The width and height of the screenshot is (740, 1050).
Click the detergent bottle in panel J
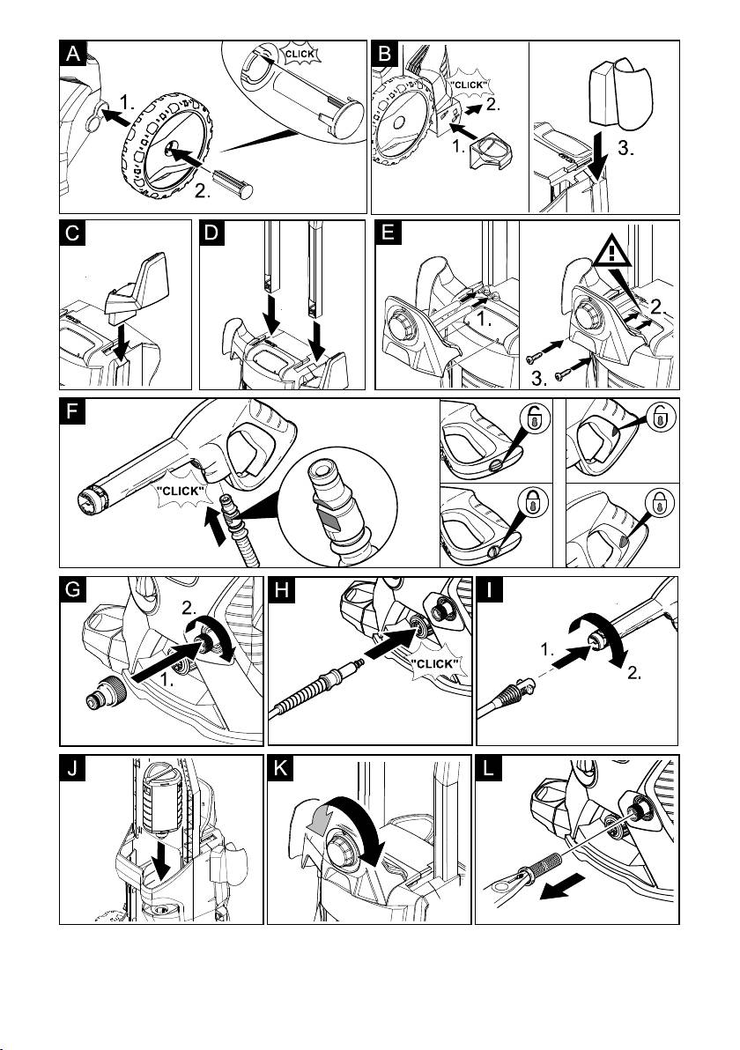tap(162, 798)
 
